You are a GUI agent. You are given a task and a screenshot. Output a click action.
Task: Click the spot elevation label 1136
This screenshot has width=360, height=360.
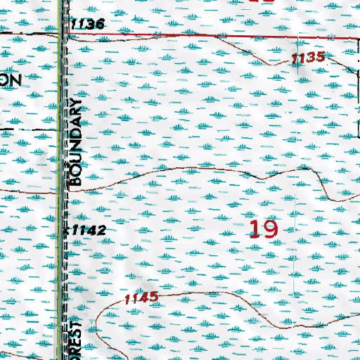click(x=88, y=25)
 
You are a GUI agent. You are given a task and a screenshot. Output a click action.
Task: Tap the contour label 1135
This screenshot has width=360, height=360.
click(x=308, y=58)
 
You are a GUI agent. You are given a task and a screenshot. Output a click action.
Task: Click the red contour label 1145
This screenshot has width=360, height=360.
click(x=141, y=299)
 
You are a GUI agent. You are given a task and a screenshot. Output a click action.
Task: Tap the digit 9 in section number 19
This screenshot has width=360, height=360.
click(x=271, y=229)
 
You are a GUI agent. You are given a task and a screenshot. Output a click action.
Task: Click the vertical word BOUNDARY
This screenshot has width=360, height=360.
click(x=76, y=141)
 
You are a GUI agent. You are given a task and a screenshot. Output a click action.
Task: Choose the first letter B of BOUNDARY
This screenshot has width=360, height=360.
click(x=76, y=180)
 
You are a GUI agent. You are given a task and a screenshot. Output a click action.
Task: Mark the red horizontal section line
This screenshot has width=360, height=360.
click(x=211, y=33)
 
